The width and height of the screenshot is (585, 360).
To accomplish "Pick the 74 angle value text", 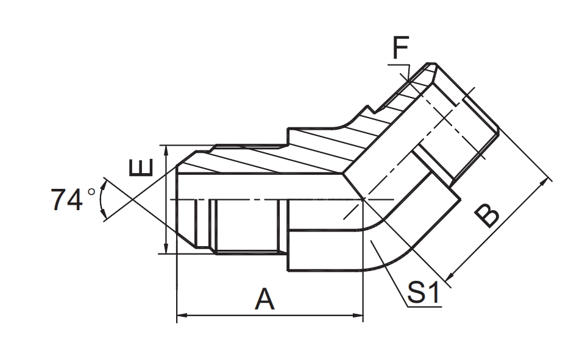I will (67, 200).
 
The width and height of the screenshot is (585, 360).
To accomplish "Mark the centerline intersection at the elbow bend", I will (363, 199).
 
